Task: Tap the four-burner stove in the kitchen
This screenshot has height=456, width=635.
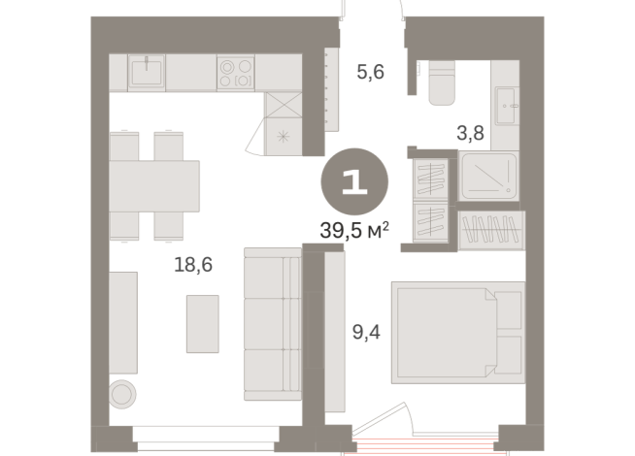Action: click(235, 73)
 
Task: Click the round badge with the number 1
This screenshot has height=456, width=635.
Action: click(354, 182)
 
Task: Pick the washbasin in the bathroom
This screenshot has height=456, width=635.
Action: click(506, 105)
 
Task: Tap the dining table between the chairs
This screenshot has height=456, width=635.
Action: click(154, 185)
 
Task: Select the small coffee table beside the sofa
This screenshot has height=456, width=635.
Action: click(202, 324)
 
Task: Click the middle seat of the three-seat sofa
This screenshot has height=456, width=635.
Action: click(273, 324)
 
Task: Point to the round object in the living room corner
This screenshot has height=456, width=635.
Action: click(123, 394)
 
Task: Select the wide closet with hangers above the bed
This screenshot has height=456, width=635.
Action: click(489, 231)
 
